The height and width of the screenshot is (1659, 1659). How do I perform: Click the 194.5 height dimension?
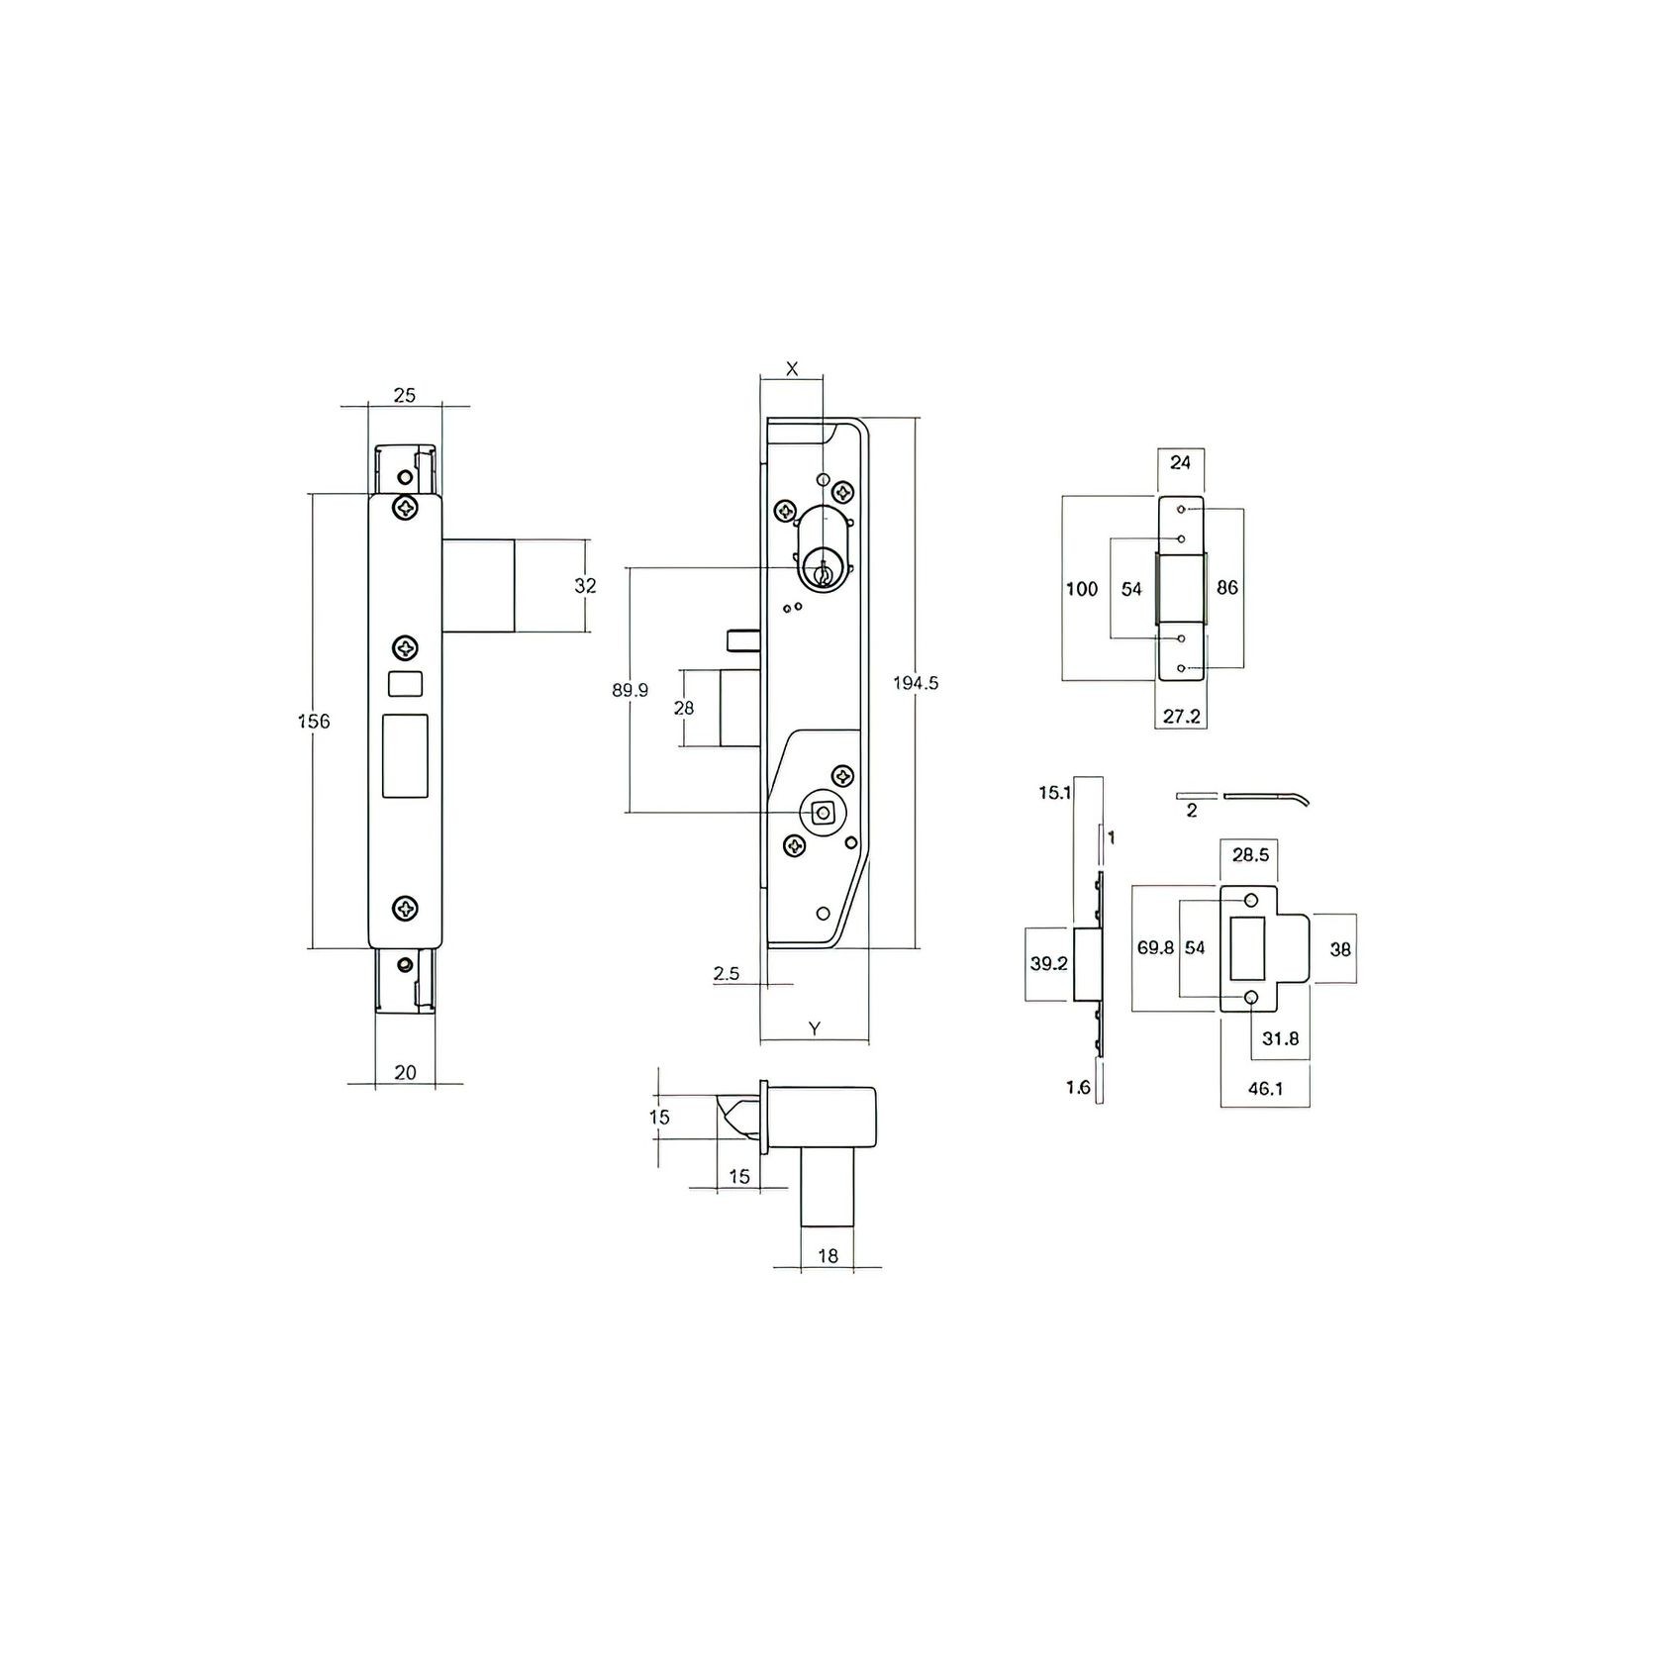(x=915, y=683)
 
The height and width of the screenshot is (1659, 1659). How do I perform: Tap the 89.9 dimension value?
(x=630, y=690)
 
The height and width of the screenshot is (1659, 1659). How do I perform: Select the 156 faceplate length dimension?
(x=314, y=721)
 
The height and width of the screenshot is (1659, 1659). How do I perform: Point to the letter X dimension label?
(x=791, y=369)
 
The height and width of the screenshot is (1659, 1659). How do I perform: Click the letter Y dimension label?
(x=814, y=1028)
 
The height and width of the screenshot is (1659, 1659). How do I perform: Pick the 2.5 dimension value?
(x=726, y=973)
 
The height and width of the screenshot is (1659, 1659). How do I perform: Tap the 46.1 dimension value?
(x=1265, y=1089)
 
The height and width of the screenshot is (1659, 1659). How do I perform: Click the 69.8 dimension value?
(x=1155, y=947)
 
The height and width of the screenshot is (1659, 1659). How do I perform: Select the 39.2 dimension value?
(x=1049, y=963)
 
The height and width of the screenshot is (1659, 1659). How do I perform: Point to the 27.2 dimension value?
(x=1181, y=717)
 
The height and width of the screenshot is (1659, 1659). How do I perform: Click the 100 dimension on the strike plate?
(x=1081, y=589)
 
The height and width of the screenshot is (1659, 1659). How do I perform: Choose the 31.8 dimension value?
(x=1280, y=1038)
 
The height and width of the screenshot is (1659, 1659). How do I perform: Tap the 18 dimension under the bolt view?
(x=829, y=1255)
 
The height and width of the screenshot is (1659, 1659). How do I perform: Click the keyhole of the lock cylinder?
(x=821, y=573)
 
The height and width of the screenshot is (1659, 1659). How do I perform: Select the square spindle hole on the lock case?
(x=821, y=813)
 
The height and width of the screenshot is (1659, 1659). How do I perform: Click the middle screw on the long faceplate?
(x=406, y=648)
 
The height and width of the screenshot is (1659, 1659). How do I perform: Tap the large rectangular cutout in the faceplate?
(x=405, y=755)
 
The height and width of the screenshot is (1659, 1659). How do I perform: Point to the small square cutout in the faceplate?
(x=405, y=682)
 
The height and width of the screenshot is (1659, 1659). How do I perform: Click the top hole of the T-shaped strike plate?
(x=1252, y=900)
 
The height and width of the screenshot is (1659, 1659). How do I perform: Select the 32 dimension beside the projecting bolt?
(x=586, y=585)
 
